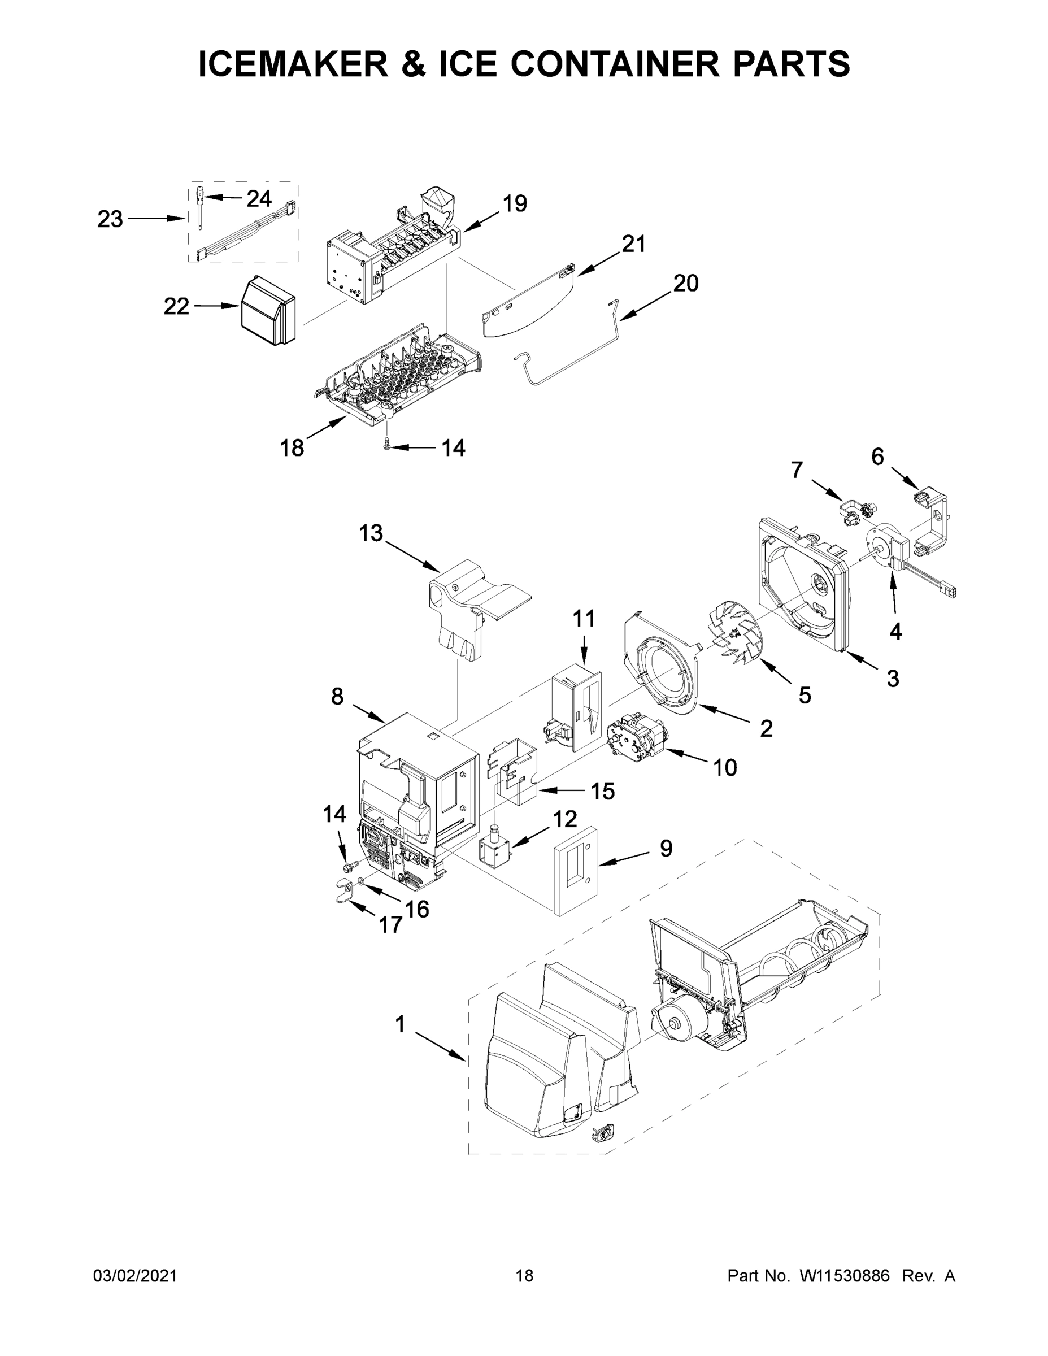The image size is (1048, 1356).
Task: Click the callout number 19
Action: click(x=515, y=203)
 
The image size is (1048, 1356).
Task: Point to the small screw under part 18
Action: click(x=387, y=444)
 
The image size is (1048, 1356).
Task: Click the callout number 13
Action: click(x=371, y=533)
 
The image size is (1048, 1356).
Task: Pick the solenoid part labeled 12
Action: click(x=495, y=846)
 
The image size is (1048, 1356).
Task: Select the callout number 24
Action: click(x=259, y=199)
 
